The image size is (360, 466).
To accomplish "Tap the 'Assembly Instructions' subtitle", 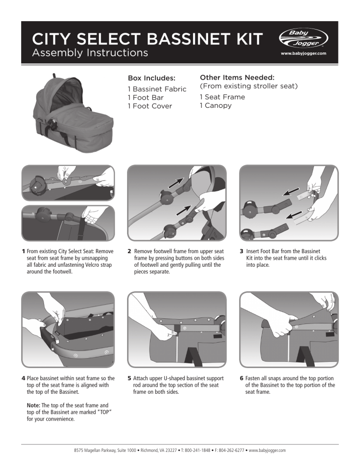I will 90,53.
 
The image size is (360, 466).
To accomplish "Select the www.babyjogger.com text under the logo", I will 303,53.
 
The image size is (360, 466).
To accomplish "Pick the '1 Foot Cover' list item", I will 150,106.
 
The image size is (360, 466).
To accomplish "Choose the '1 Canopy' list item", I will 216,105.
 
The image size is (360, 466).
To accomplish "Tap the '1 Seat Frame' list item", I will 222,97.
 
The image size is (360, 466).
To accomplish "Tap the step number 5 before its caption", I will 129,377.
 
